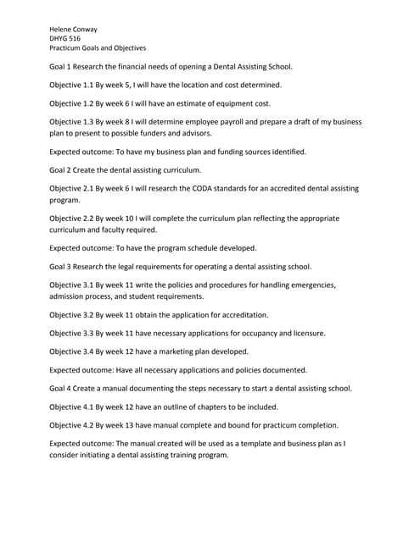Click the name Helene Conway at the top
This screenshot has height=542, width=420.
coord(73,29)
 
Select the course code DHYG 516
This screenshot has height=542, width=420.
coord(65,39)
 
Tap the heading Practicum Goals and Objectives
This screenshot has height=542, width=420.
coord(98,49)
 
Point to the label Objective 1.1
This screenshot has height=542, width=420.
coord(71,86)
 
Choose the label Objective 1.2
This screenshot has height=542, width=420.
coord(71,103)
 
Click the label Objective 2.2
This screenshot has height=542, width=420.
coord(71,218)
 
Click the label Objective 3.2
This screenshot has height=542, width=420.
coord(71,315)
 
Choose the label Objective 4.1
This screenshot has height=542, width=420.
coord(71,407)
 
